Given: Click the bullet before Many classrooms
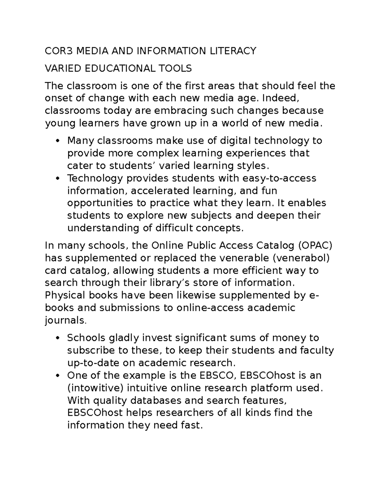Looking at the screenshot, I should click(57, 141).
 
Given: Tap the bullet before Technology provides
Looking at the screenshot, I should click(57, 178).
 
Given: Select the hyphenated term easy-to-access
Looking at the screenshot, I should click(279, 178).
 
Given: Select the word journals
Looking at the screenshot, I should click(65, 321).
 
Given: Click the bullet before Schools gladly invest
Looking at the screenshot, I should click(57, 338).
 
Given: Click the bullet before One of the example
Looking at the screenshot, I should click(57, 376).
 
